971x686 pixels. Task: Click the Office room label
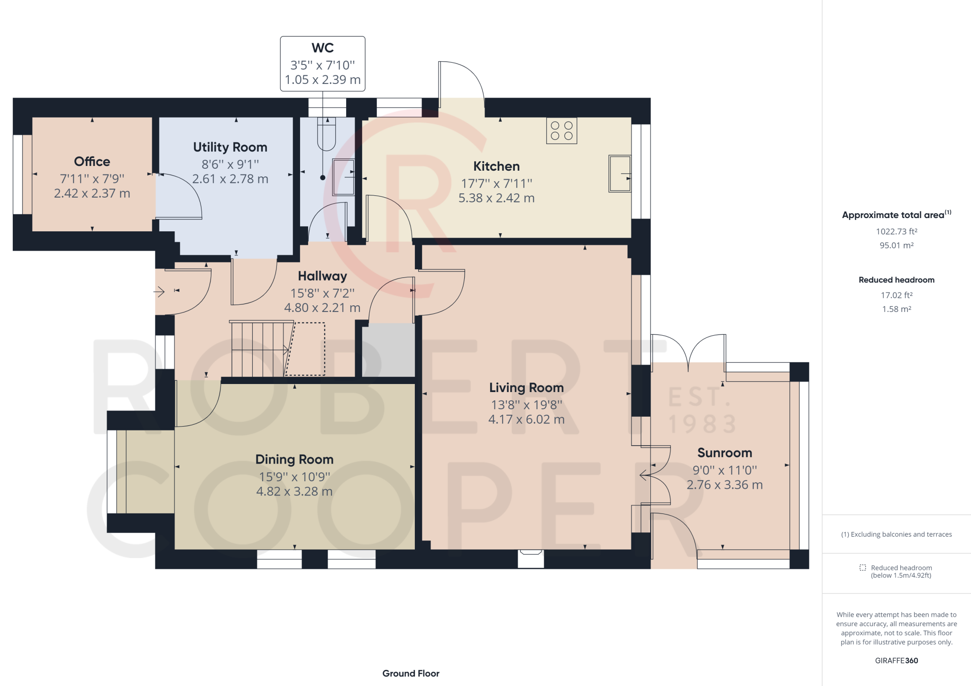click(92, 162)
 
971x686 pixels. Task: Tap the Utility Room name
click(230, 147)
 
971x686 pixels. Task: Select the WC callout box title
click(322, 48)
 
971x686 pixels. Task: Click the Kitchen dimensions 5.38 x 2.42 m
click(496, 198)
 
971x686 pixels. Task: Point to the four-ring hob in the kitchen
click(562, 130)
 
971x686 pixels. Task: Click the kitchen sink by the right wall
click(620, 174)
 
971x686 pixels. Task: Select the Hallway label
click(322, 276)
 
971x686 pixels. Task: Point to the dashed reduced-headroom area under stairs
click(305, 349)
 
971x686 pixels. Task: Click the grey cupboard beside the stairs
click(389, 350)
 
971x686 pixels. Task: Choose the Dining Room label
click(294, 459)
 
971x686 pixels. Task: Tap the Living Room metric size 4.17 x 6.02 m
click(526, 420)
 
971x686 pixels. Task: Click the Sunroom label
click(724, 453)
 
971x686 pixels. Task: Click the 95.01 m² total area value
click(897, 245)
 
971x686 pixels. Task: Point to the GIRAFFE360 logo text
click(897, 660)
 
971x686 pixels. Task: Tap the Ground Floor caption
click(411, 673)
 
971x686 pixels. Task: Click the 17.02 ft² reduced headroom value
click(897, 295)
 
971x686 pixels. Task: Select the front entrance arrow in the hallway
click(159, 292)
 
